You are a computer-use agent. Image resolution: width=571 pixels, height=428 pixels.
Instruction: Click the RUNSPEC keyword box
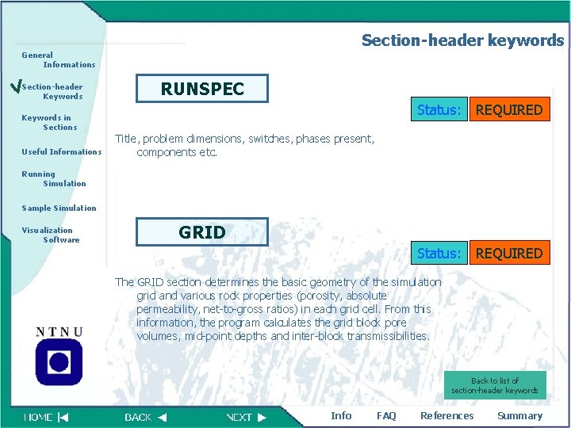[x=202, y=88]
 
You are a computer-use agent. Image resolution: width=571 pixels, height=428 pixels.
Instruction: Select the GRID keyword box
[x=202, y=232]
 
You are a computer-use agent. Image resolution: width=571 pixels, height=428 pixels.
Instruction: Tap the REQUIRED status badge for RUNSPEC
[x=508, y=110]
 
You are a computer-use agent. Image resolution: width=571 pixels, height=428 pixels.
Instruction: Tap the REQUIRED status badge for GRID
[x=508, y=254]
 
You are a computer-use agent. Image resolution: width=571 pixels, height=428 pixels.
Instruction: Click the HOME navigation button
[x=46, y=416]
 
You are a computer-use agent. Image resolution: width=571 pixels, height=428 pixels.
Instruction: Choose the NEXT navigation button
[x=246, y=416]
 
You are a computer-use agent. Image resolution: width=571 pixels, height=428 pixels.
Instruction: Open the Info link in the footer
[x=341, y=415]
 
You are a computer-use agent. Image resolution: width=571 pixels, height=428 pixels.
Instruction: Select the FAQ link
[x=386, y=415]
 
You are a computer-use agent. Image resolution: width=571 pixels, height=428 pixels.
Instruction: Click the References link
[x=446, y=415]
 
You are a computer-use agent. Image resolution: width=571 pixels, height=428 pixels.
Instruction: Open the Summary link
[x=519, y=415]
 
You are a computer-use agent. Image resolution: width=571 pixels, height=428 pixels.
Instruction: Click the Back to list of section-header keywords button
[x=495, y=385]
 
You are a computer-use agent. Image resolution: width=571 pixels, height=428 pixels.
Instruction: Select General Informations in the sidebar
[x=58, y=59]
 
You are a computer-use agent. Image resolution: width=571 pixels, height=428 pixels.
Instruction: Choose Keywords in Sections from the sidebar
[x=49, y=122]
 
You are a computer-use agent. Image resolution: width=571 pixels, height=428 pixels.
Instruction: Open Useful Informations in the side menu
[x=61, y=151]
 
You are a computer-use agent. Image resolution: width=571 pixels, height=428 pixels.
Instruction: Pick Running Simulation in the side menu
[x=53, y=178]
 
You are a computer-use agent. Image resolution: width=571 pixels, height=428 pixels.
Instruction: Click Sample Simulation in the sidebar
[x=59, y=208]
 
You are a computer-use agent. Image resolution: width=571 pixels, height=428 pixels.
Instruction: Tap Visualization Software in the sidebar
[x=50, y=235]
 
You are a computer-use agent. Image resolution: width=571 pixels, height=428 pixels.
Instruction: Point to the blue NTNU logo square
[x=59, y=362]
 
